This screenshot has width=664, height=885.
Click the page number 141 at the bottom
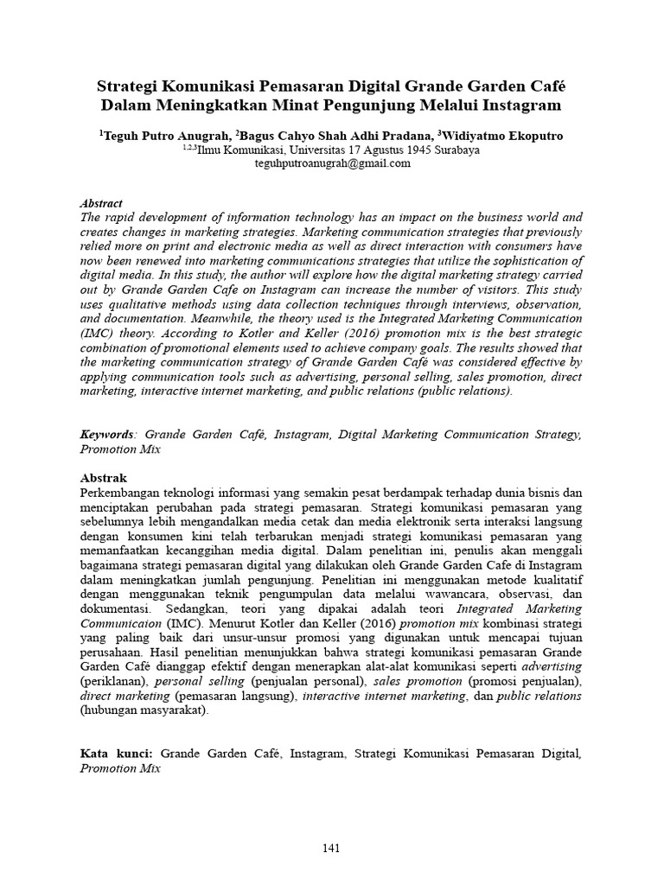click(331, 848)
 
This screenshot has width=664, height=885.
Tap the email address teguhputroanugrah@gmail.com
click(332, 163)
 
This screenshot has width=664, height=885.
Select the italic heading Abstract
click(101, 203)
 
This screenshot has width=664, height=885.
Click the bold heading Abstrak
click(104, 478)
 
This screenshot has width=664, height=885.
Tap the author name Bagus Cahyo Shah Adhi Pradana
click(335, 135)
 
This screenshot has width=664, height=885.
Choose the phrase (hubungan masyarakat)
click(144, 711)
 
